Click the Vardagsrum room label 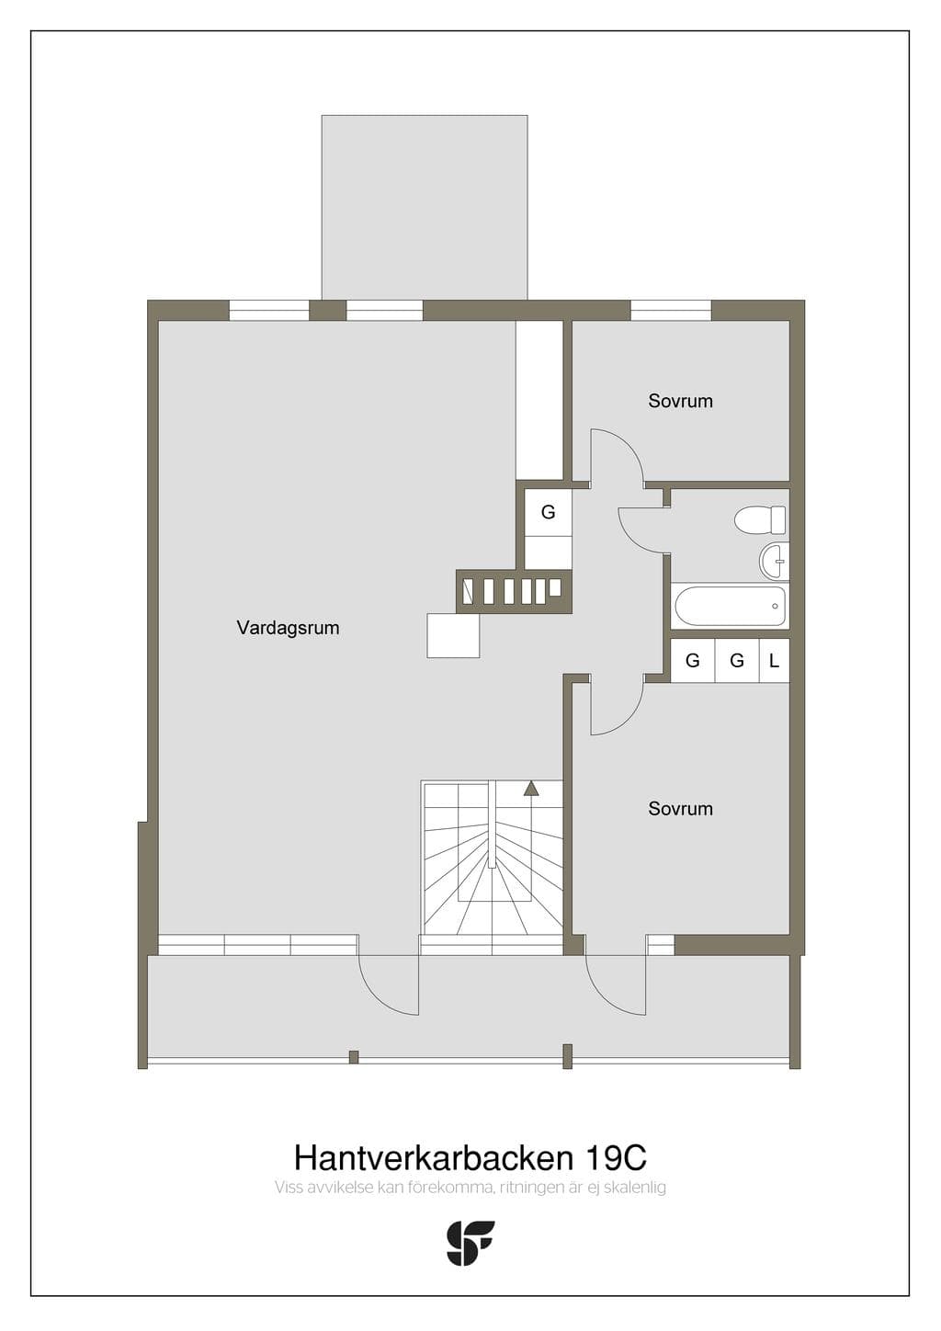[288, 628]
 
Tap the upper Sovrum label [680, 401]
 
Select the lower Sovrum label [680, 808]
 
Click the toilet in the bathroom [760, 519]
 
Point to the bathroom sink [773, 560]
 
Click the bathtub [731, 606]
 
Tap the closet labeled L [774, 660]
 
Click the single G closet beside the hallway [548, 512]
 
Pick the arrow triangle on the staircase [530, 788]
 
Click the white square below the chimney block [453, 636]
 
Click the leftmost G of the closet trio [692, 660]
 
